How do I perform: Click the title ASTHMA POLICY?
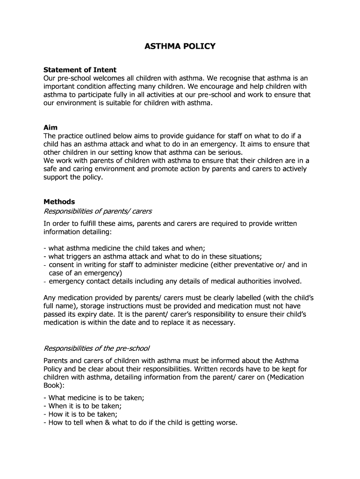point(180,46)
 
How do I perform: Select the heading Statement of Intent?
point(80,70)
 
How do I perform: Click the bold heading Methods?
point(59,202)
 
